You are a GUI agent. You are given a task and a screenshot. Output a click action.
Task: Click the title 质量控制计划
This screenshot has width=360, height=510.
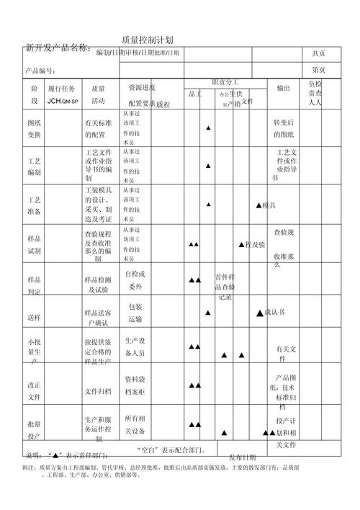[147, 40]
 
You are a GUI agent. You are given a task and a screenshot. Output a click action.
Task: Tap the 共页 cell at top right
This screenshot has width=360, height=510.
[318, 53]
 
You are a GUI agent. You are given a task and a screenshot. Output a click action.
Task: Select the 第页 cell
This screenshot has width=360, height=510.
[318, 70]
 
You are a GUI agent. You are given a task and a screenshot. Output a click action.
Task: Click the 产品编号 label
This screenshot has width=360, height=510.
[40, 71]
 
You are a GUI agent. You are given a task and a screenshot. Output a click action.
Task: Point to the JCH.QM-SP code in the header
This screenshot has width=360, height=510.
[63, 102]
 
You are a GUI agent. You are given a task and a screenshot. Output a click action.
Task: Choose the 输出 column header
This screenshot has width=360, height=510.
[283, 87]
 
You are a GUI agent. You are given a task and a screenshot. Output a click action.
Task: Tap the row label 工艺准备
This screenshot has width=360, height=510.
[34, 205]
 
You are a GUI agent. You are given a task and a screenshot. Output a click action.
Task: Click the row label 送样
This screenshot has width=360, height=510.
[34, 317]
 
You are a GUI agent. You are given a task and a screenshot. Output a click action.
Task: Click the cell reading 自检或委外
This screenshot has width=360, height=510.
[135, 280]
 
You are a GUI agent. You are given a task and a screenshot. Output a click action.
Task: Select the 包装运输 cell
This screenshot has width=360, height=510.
[135, 313]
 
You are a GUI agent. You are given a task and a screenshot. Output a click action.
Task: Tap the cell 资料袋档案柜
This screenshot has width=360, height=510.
[135, 385]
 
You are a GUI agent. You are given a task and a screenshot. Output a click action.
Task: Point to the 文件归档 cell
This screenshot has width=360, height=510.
[98, 391]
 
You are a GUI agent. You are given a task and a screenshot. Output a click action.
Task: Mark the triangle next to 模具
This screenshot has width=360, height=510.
[258, 206]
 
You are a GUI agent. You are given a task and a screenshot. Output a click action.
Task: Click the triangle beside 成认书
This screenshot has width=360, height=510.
[260, 313]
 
